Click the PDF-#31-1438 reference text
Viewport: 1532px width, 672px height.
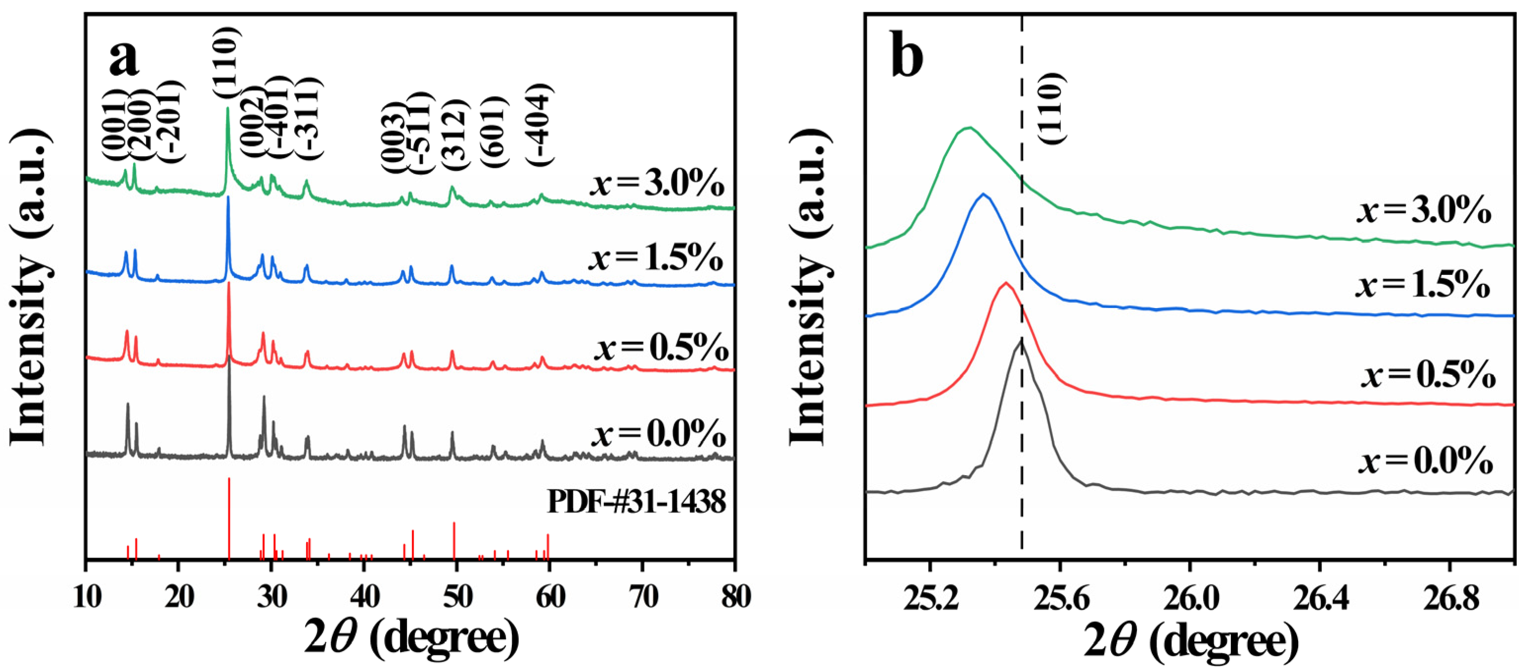pyautogui.click(x=636, y=502)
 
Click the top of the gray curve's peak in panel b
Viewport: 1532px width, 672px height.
pyautogui.click(x=1021, y=340)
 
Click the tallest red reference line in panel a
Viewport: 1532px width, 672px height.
pyautogui.click(x=229, y=517)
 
